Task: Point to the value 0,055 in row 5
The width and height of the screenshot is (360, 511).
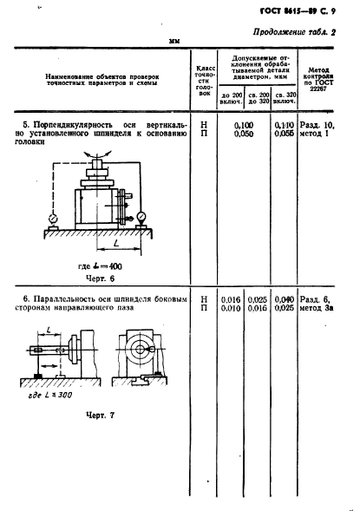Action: pos(284,135)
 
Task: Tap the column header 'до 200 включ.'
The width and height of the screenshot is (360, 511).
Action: pos(232,97)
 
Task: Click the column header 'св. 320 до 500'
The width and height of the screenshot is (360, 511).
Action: pos(284,97)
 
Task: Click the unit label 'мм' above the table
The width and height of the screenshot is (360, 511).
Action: pos(173,41)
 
